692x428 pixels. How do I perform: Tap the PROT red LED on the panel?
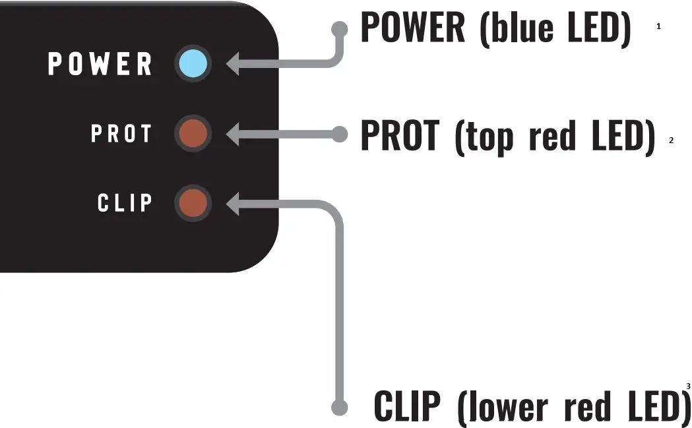pyautogui.click(x=193, y=134)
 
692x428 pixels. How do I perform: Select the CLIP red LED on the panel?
pyautogui.click(x=193, y=203)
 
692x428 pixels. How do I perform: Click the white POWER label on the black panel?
pyautogui.click(x=100, y=65)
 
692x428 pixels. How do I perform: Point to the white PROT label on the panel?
pyautogui.click(x=121, y=134)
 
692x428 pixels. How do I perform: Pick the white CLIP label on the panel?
pyautogui.click(x=125, y=203)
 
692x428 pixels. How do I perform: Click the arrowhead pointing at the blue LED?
pyautogui.click(x=232, y=65)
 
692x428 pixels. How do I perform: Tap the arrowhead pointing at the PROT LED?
pyautogui.click(x=232, y=134)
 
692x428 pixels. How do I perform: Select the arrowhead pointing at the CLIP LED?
pyautogui.click(x=232, y=203)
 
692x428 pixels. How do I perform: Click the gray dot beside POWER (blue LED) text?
pyautogui.click(x=340, y=29)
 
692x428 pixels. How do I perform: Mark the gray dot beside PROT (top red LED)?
pyautogui.click(x=340, y=134)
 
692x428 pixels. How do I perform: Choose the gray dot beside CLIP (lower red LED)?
pyautogui.click(x=340, y=407)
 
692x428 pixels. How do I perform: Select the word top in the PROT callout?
pyautogui.click(x=484, y=137)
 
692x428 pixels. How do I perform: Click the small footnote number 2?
pyautogui.click(x=671, y=140)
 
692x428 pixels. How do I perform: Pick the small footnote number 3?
pyautogui.click(x=688, y=386)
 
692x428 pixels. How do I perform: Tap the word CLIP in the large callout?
pyautogui.click(x=410, y=406)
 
